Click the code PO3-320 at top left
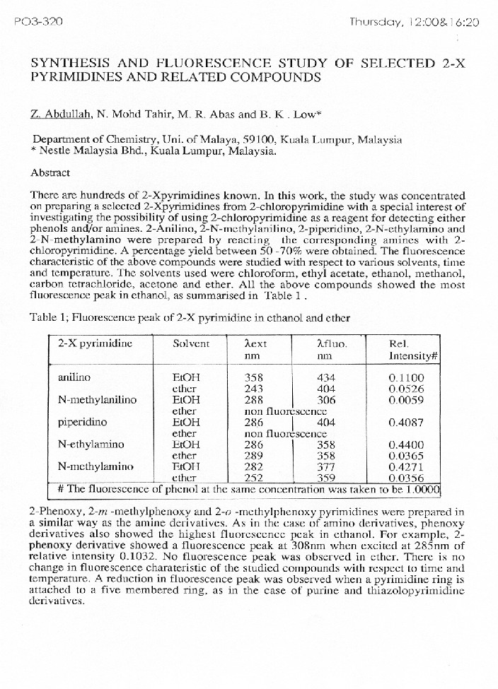(38, 22)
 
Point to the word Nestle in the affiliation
(58, 150)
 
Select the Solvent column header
(191, 343)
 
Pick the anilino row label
(74, 377)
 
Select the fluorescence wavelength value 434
(326, 377)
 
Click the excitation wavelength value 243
(253, 388)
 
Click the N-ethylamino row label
(91, 444)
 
